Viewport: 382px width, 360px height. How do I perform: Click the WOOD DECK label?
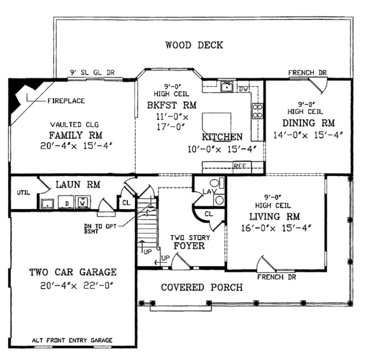pyautogui.click(x=194, y=45)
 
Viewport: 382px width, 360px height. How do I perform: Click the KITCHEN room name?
pyautogui.click(x=222, y=137)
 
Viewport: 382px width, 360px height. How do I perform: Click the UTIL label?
pyautogui.click(x=24, y=190)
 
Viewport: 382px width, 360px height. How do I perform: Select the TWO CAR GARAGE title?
pyautogui.click(x=73, y=273)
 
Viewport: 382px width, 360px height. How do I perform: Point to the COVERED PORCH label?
pyautogui.click(x=201, y=287)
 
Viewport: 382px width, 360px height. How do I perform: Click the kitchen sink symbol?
pyautogui.click(x=225, y=87)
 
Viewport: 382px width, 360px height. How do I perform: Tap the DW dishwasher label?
pyautogui.click(x=243, y=89)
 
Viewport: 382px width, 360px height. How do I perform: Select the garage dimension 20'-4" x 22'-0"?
pyautogui.click(x=73, y=289)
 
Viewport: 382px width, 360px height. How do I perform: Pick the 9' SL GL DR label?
pyautogui.click(x=92, y=72)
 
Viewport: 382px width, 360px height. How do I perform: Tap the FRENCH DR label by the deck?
pyautogui.click(x=307, y=73)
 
